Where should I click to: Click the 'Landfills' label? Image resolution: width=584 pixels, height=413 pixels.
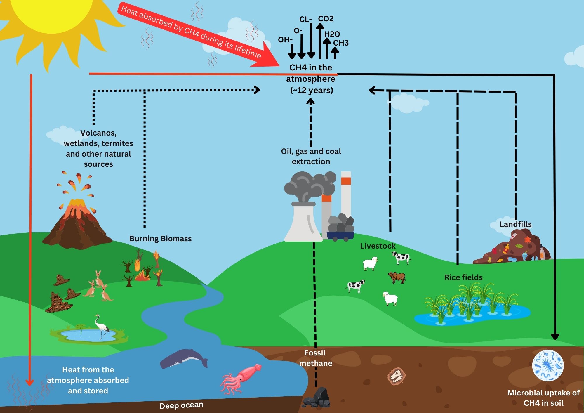[x=515, y=224]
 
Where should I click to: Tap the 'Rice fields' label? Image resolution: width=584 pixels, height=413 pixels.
[x=463, y=277]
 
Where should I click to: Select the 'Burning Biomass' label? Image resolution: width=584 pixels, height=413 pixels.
[x=160, y=239]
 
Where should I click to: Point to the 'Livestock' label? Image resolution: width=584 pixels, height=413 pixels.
[x=378, y=246]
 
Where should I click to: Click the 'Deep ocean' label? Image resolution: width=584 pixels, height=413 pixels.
[x=181, y=405]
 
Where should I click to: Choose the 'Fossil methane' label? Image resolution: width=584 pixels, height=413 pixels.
[x=315, y=358]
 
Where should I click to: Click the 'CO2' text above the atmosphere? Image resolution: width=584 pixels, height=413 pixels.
[x=326, y=19]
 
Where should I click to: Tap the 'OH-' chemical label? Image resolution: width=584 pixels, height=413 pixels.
[x=285, y=40]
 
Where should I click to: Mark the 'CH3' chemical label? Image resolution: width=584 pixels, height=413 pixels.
[x=341, y=43]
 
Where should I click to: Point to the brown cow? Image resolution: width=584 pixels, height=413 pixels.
[x=397, y=277]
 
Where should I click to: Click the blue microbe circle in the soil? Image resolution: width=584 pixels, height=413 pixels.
[x=548, y=365]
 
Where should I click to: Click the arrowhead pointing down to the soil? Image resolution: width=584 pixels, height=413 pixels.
[x=555, y=337]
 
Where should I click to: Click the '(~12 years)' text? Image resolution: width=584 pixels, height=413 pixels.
[x=312, y=90]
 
